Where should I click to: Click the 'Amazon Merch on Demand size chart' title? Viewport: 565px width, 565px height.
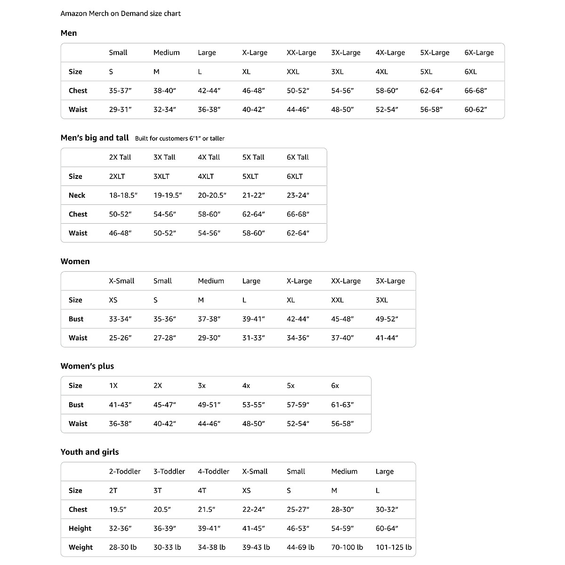click(x=121, y=14)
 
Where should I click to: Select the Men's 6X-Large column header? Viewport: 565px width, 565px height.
click(x=479, y=53)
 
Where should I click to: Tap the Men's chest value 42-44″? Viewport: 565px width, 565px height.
click(x=209, y=90)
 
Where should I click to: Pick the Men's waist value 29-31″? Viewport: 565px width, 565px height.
click(x=120, y=109)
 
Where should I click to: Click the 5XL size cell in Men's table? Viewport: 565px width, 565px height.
click(x=426, y=72)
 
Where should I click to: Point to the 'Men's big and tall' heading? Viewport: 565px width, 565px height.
click(x=95, y=138)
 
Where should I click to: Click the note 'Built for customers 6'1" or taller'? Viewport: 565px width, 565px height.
click(x=180, y=138)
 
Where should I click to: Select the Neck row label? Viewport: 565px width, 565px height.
click(x=77, y=195)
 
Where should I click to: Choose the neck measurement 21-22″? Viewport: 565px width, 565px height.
click(x=253, y=195)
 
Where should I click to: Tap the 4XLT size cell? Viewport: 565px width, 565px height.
click(x=206, y=177)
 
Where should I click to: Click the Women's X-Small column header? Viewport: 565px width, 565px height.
click(x=121, y=281)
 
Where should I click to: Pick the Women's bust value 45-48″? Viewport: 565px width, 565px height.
click(x=342, y=319)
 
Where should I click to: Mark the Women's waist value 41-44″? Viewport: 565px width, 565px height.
click(x=387, y=338)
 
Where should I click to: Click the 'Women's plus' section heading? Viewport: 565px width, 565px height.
click(x=87, y=366)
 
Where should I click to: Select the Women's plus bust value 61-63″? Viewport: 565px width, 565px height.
click(x=342, y=404)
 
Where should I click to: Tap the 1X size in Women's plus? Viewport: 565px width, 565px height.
click(x=113, y=386)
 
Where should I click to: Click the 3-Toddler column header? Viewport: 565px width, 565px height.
click(x=169, y=471)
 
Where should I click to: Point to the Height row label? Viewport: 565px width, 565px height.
click(x=80, y=528)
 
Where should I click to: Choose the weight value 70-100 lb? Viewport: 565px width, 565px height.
click(x=347, y=547)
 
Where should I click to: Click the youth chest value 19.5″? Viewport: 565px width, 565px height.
click(x=118, y=509)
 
